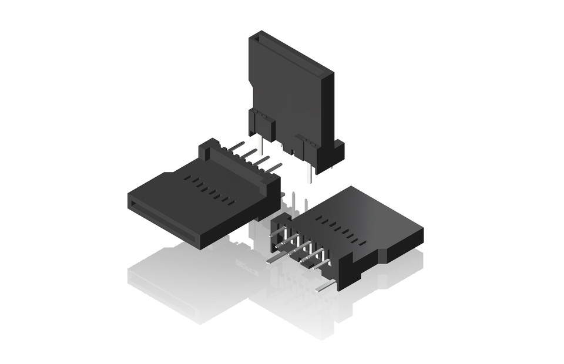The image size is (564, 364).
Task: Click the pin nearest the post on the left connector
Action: point(236,145)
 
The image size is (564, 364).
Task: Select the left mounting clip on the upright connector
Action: point(262,124)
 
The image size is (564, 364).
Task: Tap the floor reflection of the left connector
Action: point(182,282)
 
